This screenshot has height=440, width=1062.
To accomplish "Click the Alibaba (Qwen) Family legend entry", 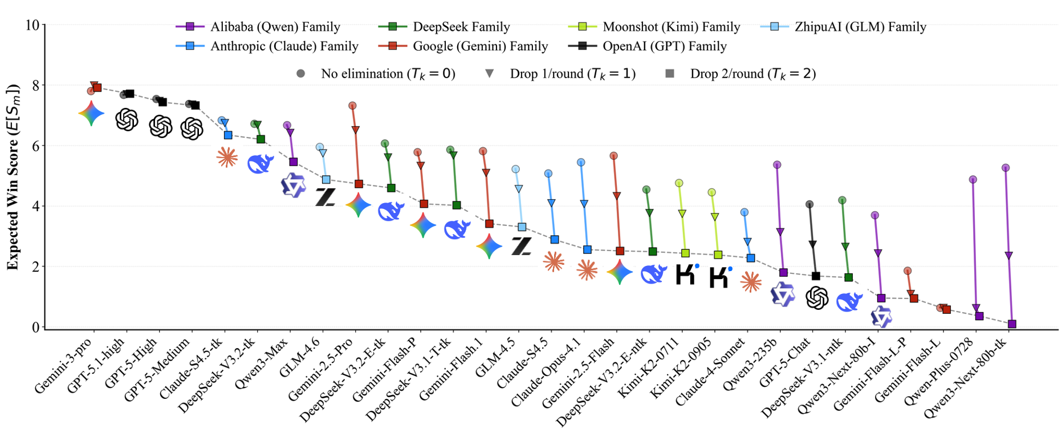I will [275, 27].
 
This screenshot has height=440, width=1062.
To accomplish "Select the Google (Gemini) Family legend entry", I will [480, 46].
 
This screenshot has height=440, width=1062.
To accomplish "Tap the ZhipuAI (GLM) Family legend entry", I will [860, 27].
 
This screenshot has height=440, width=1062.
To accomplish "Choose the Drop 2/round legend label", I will [752, 74].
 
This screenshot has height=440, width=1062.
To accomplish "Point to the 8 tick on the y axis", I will [35, 86].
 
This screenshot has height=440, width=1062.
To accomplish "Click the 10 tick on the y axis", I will [32, 25].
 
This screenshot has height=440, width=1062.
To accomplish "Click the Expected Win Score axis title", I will [13, 177].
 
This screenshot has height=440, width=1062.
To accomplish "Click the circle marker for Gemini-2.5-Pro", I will [352, 106].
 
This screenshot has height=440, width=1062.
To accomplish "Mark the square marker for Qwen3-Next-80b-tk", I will [1012, 324].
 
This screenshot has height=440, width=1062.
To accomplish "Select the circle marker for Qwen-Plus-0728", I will [973, 180].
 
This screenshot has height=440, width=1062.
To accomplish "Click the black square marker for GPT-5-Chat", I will [816, 276].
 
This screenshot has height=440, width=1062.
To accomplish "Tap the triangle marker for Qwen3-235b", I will [780, 232].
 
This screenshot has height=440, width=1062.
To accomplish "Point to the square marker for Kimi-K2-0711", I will [685, 253].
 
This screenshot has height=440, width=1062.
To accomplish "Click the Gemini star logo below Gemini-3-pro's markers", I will [91, 114].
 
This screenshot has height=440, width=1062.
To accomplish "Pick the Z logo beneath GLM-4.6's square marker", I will [325, 197].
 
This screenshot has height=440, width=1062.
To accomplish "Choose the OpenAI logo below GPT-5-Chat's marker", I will [816, 298].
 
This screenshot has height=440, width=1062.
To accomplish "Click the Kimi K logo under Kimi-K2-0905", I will [720, 277].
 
